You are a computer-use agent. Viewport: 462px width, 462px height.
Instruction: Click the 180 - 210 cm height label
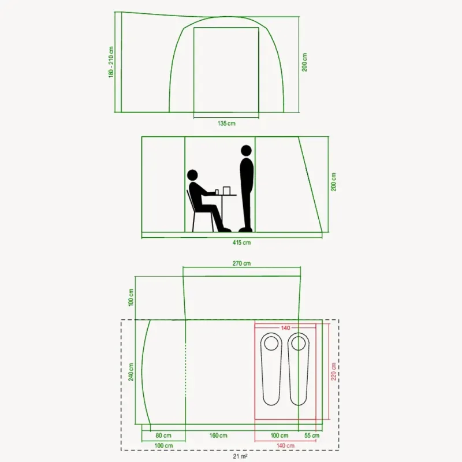pyautogui.click(x=111, y=62)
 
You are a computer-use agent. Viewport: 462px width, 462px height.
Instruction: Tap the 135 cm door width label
pyautogui.click(x=226, y=124)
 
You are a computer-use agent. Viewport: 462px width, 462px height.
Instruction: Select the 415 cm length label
pyautogui.click(x=241, y=243)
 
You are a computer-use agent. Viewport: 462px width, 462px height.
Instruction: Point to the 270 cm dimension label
pyautogui.click(x=241, y=263)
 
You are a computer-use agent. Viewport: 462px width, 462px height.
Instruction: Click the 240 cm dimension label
pyautogui.click(x=131, y=372)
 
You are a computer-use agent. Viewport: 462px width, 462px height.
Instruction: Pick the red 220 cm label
pyautogui.click(x=334, y=371)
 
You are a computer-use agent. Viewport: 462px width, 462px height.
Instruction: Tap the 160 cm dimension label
pyautogui.click(x=218, y=435)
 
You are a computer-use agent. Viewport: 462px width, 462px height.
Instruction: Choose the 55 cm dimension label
pyautogui.click(x=312, y=435)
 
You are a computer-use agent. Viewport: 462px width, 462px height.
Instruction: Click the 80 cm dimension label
pyautogui.click(x=163, y=435)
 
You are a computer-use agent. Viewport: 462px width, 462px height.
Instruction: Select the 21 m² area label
pyautogui.click(x=240, y=456)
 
